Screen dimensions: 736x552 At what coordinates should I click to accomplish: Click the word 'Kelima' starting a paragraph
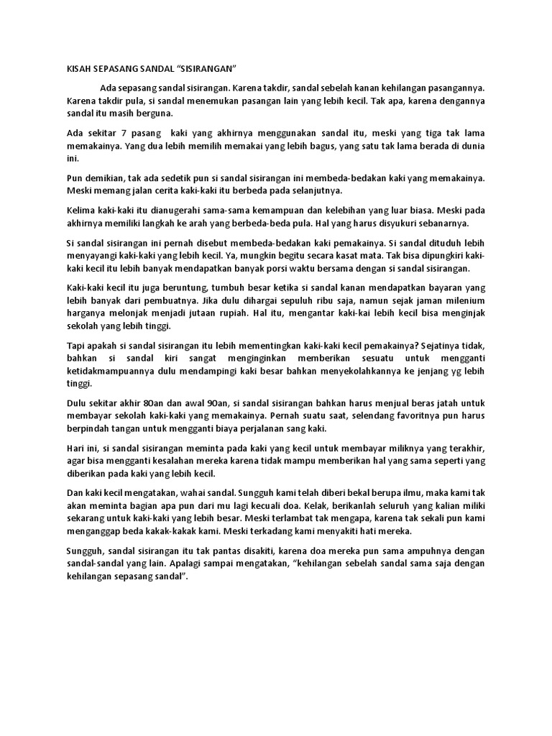tap(80, 211)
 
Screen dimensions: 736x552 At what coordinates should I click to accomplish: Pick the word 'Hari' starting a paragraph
tap(75, 450)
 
